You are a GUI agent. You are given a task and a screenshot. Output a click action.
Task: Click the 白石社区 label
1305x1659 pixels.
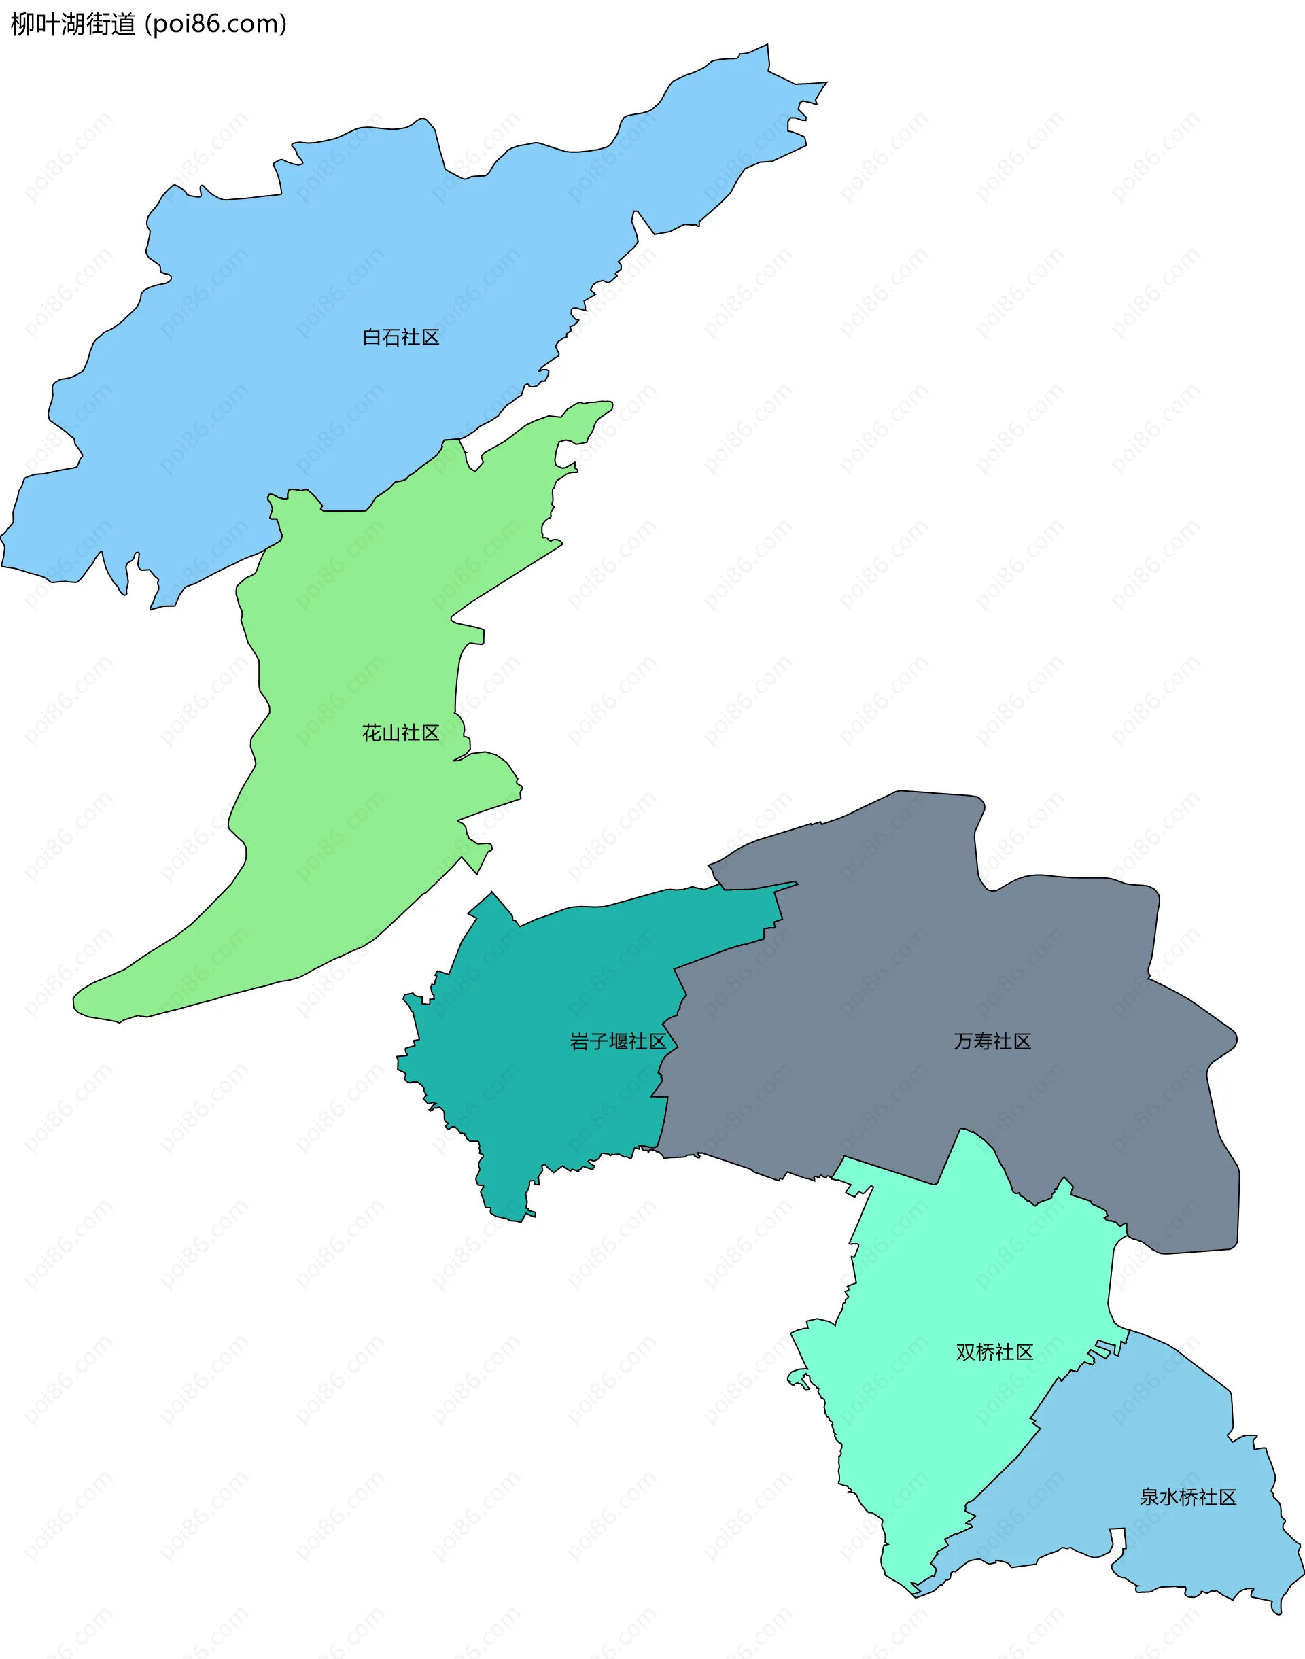400,337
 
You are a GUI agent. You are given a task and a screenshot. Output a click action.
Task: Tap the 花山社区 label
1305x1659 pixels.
400,733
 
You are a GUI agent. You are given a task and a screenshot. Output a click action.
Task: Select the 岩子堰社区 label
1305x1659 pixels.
617,1041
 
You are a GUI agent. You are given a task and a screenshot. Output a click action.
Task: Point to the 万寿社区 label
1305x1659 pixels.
992,1041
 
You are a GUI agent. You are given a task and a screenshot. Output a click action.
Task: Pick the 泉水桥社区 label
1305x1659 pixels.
1187,1497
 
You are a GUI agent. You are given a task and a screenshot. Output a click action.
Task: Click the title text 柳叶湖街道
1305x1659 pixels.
73,24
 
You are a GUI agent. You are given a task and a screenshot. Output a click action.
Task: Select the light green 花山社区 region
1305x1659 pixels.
344,840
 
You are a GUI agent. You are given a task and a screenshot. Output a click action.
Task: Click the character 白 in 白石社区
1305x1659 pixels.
371,337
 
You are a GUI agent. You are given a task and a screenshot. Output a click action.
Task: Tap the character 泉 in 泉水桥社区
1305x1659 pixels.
1149,1497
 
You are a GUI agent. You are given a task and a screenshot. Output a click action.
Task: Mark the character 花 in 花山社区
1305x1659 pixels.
371,733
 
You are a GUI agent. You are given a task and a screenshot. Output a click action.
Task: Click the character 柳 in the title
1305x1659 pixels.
20,24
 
